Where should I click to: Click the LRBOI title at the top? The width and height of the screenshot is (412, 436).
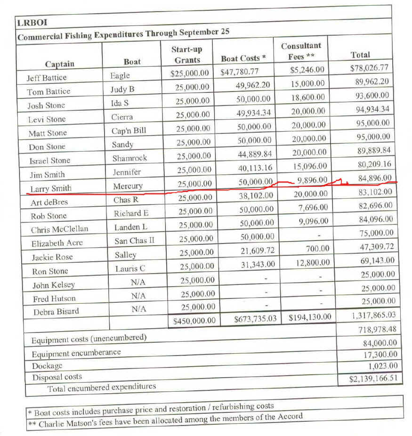(32, 22)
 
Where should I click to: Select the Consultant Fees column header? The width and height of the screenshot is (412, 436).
(301, 51)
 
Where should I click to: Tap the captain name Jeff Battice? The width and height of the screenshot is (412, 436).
(47, 78)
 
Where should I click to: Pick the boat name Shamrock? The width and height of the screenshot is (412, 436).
(129, 158)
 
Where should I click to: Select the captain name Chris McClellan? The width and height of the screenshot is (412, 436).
(60, 230)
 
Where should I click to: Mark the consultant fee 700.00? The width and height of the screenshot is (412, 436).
(319, 248)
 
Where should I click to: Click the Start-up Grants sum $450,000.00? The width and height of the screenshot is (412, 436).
(194, 321)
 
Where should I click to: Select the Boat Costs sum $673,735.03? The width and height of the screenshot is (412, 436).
(255, 319)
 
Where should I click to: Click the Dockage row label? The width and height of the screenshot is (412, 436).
(47, 366)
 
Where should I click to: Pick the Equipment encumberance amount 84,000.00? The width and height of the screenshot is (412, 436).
(377, 343)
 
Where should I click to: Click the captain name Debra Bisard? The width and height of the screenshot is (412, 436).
(56, 312)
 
